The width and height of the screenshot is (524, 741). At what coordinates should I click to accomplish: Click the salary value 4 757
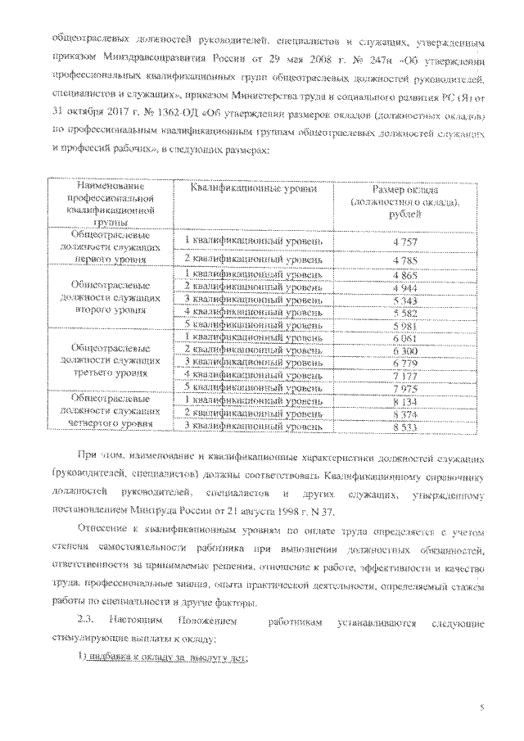405,242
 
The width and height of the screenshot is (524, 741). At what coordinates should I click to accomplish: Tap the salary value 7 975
405,386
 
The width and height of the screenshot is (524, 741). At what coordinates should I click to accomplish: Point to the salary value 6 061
405,337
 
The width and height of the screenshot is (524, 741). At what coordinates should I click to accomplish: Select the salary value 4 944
405,286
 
